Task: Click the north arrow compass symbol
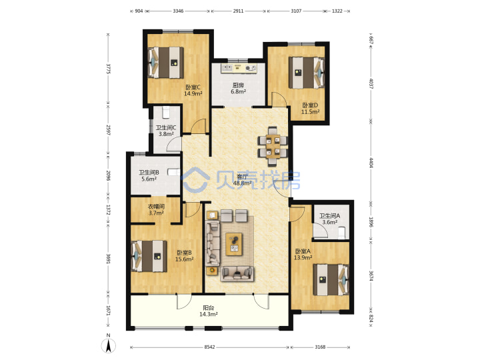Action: pos(109,345)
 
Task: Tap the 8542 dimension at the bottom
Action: pos(210,347)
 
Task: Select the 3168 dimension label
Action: pos(320,347)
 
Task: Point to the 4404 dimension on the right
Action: pos(371,163)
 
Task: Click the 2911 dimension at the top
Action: pos(239,11)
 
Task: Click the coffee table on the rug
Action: pos(234,244)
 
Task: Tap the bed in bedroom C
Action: pos(166,63)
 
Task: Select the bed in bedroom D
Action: pos(307,73)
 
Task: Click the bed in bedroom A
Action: pos(331,280)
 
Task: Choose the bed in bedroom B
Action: pos(149,256)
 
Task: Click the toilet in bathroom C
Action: pos(165,113)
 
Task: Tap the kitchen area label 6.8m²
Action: pos(239,91)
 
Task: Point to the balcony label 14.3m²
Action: pos(209,315)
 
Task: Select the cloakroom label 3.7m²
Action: pos(156,213)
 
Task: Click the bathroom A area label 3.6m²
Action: pos(330,222)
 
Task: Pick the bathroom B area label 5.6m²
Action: pos(149,179)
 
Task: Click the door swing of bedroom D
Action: pos(279,99)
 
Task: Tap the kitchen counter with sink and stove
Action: pos(239,68)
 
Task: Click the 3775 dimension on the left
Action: pos(108,69)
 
